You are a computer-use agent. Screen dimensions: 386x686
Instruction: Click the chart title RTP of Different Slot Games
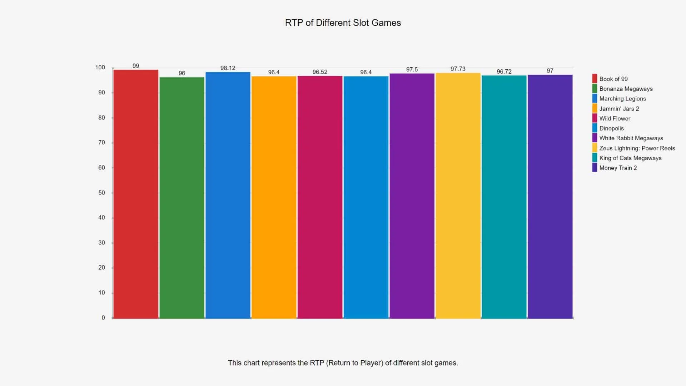pos(343,23)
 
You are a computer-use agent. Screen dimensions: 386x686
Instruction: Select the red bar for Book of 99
pos(136,193)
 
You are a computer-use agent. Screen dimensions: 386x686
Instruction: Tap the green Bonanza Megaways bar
pos(182,197)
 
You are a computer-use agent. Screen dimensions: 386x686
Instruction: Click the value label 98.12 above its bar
pos(228,68)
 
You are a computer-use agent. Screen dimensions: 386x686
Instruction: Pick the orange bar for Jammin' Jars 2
pos(274,197)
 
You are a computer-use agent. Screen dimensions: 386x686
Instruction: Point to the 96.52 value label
pos(320,72)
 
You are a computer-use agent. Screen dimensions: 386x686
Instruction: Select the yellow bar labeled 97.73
pos(458,195)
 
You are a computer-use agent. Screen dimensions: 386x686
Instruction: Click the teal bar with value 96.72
pos(504,197)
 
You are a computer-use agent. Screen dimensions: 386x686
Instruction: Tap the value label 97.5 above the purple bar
pos(412,69)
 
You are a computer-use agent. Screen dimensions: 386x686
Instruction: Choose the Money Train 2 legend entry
pos(618,168)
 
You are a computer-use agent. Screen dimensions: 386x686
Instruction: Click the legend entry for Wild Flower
pos(615,118)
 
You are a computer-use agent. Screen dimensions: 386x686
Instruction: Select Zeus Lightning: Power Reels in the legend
pos(637,148)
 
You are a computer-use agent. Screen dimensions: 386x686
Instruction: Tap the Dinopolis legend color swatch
pos(595,128)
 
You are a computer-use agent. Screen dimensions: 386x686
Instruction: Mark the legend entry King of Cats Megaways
pos(630,158)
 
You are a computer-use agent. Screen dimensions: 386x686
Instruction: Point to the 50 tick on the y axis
pos(101,193)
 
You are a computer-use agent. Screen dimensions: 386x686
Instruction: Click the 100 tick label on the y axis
pos(100,68)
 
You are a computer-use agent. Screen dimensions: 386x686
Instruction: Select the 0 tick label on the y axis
pos(103,318)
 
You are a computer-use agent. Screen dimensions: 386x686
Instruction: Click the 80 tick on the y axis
pos(101,118)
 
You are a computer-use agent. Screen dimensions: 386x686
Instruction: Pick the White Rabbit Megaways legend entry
pos(631,138)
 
